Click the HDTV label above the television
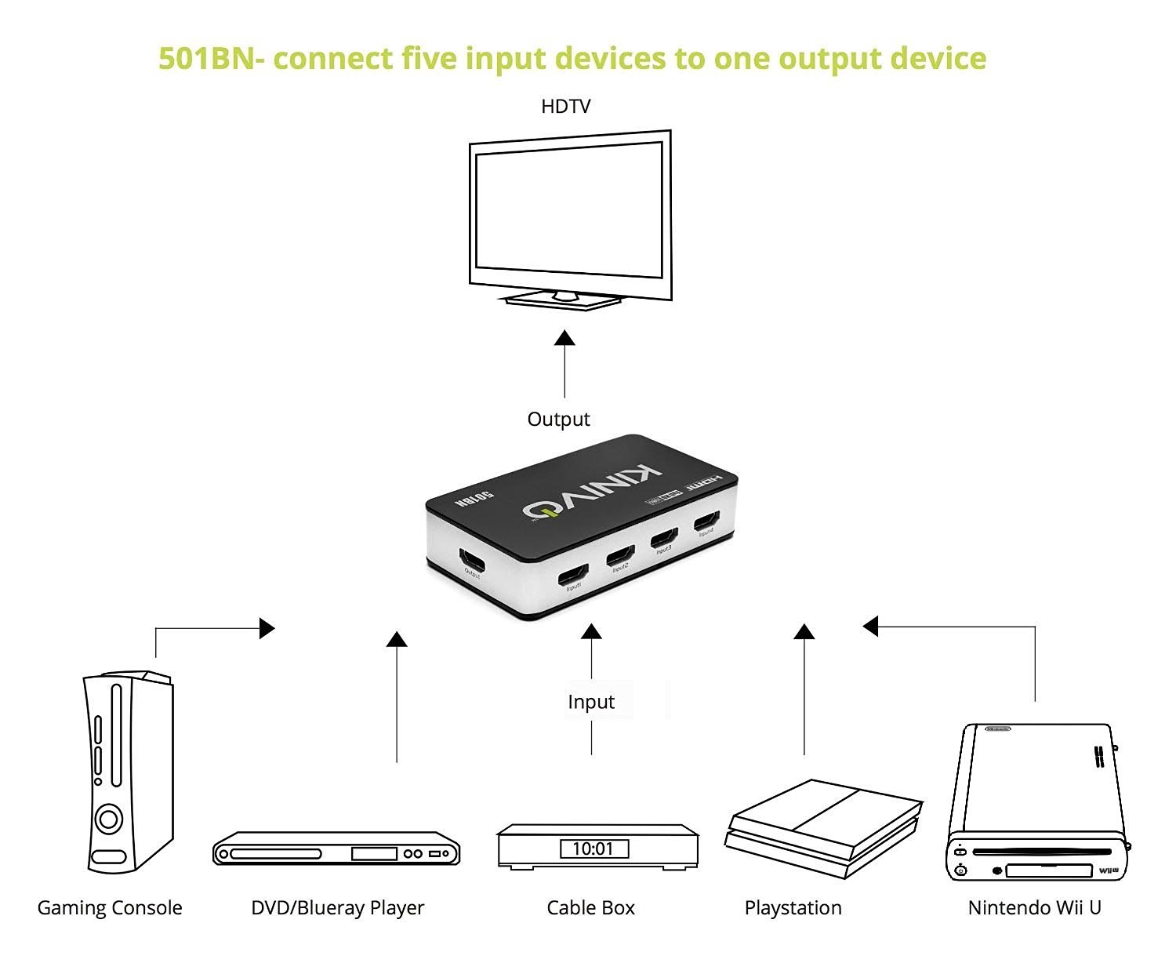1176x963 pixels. (x=565, y=107)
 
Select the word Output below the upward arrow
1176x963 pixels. (x=558, y=420)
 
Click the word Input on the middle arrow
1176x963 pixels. (x=590, y=702)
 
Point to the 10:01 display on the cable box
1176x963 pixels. (x=593, y=849)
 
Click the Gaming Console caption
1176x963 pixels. (x=110, y=908)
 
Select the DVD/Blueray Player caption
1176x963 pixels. (x=337, y=908)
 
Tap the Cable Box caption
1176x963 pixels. (x=590, y=908)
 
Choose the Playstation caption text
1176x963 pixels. (x=793, y=908)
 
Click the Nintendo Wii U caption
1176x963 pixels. (x=1034, y=908)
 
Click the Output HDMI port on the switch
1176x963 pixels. (x=472, y=560)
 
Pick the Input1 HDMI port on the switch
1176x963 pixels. (x=573, y=576)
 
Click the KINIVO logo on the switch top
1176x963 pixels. (x=593, y=492)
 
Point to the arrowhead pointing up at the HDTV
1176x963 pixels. (x=564, y=338)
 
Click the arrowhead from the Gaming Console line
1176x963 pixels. (x=267, y=627)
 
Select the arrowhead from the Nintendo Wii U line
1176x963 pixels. (x=870, y=626)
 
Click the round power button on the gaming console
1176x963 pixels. (x=109, y=819)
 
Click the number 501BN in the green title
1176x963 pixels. (x=205, y=59)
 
